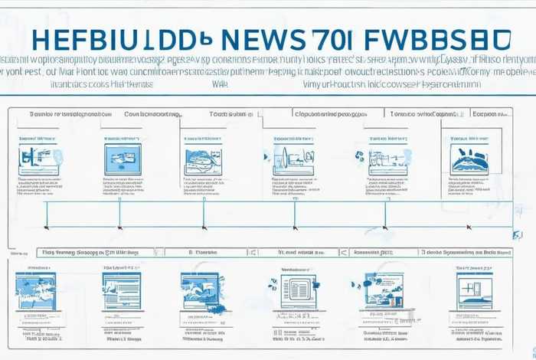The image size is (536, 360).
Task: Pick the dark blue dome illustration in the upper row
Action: (x=469, y=159)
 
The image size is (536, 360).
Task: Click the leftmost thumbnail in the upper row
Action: (x=38, y=159)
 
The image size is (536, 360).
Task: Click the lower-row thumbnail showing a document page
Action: (x=296, y=292)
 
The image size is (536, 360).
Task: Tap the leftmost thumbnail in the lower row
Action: (x=34, y=292)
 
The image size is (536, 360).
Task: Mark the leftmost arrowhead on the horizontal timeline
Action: (x=47, y=227)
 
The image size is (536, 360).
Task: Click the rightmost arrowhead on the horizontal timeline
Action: (x=469, y=227)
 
